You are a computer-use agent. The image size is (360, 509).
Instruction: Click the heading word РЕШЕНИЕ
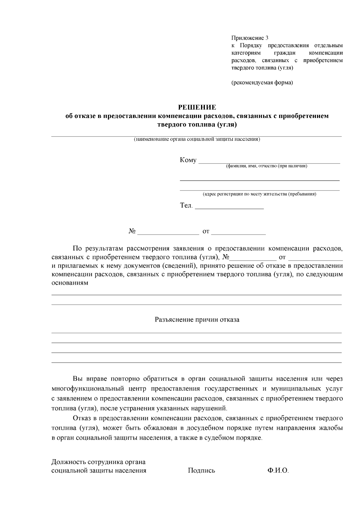point(197,107)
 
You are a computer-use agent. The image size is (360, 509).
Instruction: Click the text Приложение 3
point(250,38)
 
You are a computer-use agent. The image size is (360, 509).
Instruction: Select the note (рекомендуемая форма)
point(262,82)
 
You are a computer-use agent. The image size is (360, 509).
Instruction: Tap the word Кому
point(188,160)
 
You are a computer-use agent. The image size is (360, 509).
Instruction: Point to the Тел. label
point(186,206)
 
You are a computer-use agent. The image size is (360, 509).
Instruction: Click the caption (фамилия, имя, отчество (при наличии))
point(266,166)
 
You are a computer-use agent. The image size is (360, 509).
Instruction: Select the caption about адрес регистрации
point(259,194)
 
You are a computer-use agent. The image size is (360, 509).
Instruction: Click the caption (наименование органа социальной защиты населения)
point(197,139)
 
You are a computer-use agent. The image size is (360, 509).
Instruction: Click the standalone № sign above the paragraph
point(132,232)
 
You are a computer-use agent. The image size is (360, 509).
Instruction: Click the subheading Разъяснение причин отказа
point(197,320)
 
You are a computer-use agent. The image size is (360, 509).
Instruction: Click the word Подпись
point(201,470)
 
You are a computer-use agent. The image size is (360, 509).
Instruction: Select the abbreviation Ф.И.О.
point(278,470)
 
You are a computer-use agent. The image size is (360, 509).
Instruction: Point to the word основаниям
point(70,283)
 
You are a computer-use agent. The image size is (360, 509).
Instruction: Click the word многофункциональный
point(88,389)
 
